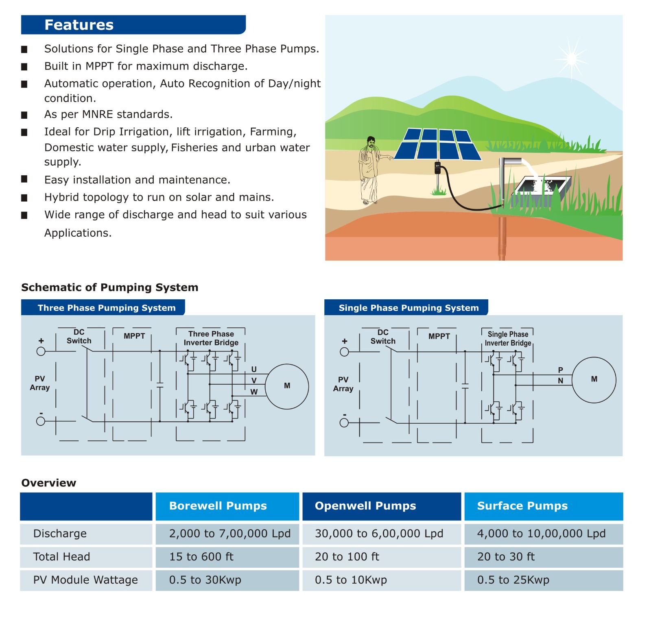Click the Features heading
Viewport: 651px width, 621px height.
click(x=79, y=25)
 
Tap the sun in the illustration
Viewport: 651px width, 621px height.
click(x=572, y=59)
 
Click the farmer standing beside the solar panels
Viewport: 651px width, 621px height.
click(x=369, y=170)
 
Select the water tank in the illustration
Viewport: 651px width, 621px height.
click(x=542, y=187)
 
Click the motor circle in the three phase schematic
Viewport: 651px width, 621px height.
click(x=287, y=386)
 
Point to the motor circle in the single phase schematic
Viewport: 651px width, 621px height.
click(x=594, y=380)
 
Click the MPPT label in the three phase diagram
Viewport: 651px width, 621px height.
click(x=134, y=336)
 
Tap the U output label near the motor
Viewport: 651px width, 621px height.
click(x=254, y=369)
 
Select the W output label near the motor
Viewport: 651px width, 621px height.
click(x=254, y=392)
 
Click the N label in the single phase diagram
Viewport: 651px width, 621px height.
click(x=560, y=381)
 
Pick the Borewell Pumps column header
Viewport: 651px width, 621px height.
click(x=218, y=506)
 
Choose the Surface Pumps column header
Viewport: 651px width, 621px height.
click(x=522, y=506)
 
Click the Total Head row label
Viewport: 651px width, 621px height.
click(x=61, y=557)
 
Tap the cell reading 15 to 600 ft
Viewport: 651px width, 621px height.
click(x=201, y=557)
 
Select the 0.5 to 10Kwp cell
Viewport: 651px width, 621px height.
click(x=351, y=580)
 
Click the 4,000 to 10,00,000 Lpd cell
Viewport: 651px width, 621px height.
click(x=541, y=534)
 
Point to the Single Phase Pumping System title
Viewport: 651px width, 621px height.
click(x=409, y=308)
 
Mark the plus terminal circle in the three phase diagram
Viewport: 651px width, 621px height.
click(x=41, y=351)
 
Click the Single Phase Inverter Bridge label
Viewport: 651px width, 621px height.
click(x=508, y=339)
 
